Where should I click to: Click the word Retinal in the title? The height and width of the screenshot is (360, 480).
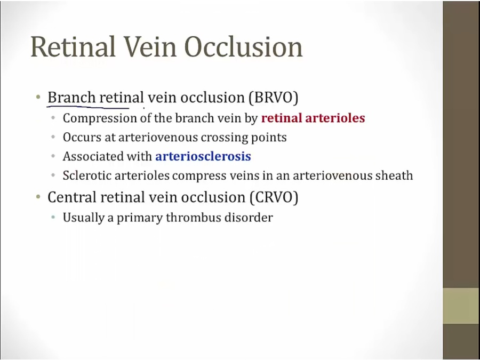(x=73, y=46)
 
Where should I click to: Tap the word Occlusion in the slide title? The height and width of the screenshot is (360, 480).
(x=243, y=46)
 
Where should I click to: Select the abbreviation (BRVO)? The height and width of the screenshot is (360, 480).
(x=274, y=98)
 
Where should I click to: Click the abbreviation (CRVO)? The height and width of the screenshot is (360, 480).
(x=274, y=197)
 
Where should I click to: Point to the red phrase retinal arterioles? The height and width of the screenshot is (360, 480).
(x=313, y=118)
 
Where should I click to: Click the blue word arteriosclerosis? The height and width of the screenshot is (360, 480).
(x=203, y=156)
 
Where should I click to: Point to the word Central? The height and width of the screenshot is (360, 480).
(x=72, y=197)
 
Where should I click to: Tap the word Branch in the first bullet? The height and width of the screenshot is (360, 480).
(x=71, y=98)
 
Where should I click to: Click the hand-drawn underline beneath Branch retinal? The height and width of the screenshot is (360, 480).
(x=88, y=107)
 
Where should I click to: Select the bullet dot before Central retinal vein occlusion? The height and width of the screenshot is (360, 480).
(x=38, y=197)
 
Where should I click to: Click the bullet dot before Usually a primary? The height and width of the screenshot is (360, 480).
(x=53, y=218)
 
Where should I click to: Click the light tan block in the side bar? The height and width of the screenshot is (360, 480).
(x=461, y=306)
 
